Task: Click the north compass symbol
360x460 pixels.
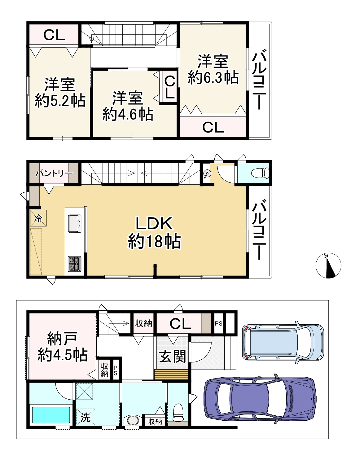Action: [x=328, y=265]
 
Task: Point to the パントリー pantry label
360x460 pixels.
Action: [x=54, y=173]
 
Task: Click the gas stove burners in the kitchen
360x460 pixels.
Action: [x=74, y=264]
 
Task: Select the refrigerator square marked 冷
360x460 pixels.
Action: [x=38, y=218]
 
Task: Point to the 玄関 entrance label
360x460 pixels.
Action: [x=173, y=357]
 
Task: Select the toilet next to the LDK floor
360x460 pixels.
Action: [x=260, y=173]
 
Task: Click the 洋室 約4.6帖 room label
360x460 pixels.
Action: [x=128, y=106]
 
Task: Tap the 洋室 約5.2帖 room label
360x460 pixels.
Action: [x=60, y=93]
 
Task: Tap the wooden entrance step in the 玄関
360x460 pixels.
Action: [x=171, y=375]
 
